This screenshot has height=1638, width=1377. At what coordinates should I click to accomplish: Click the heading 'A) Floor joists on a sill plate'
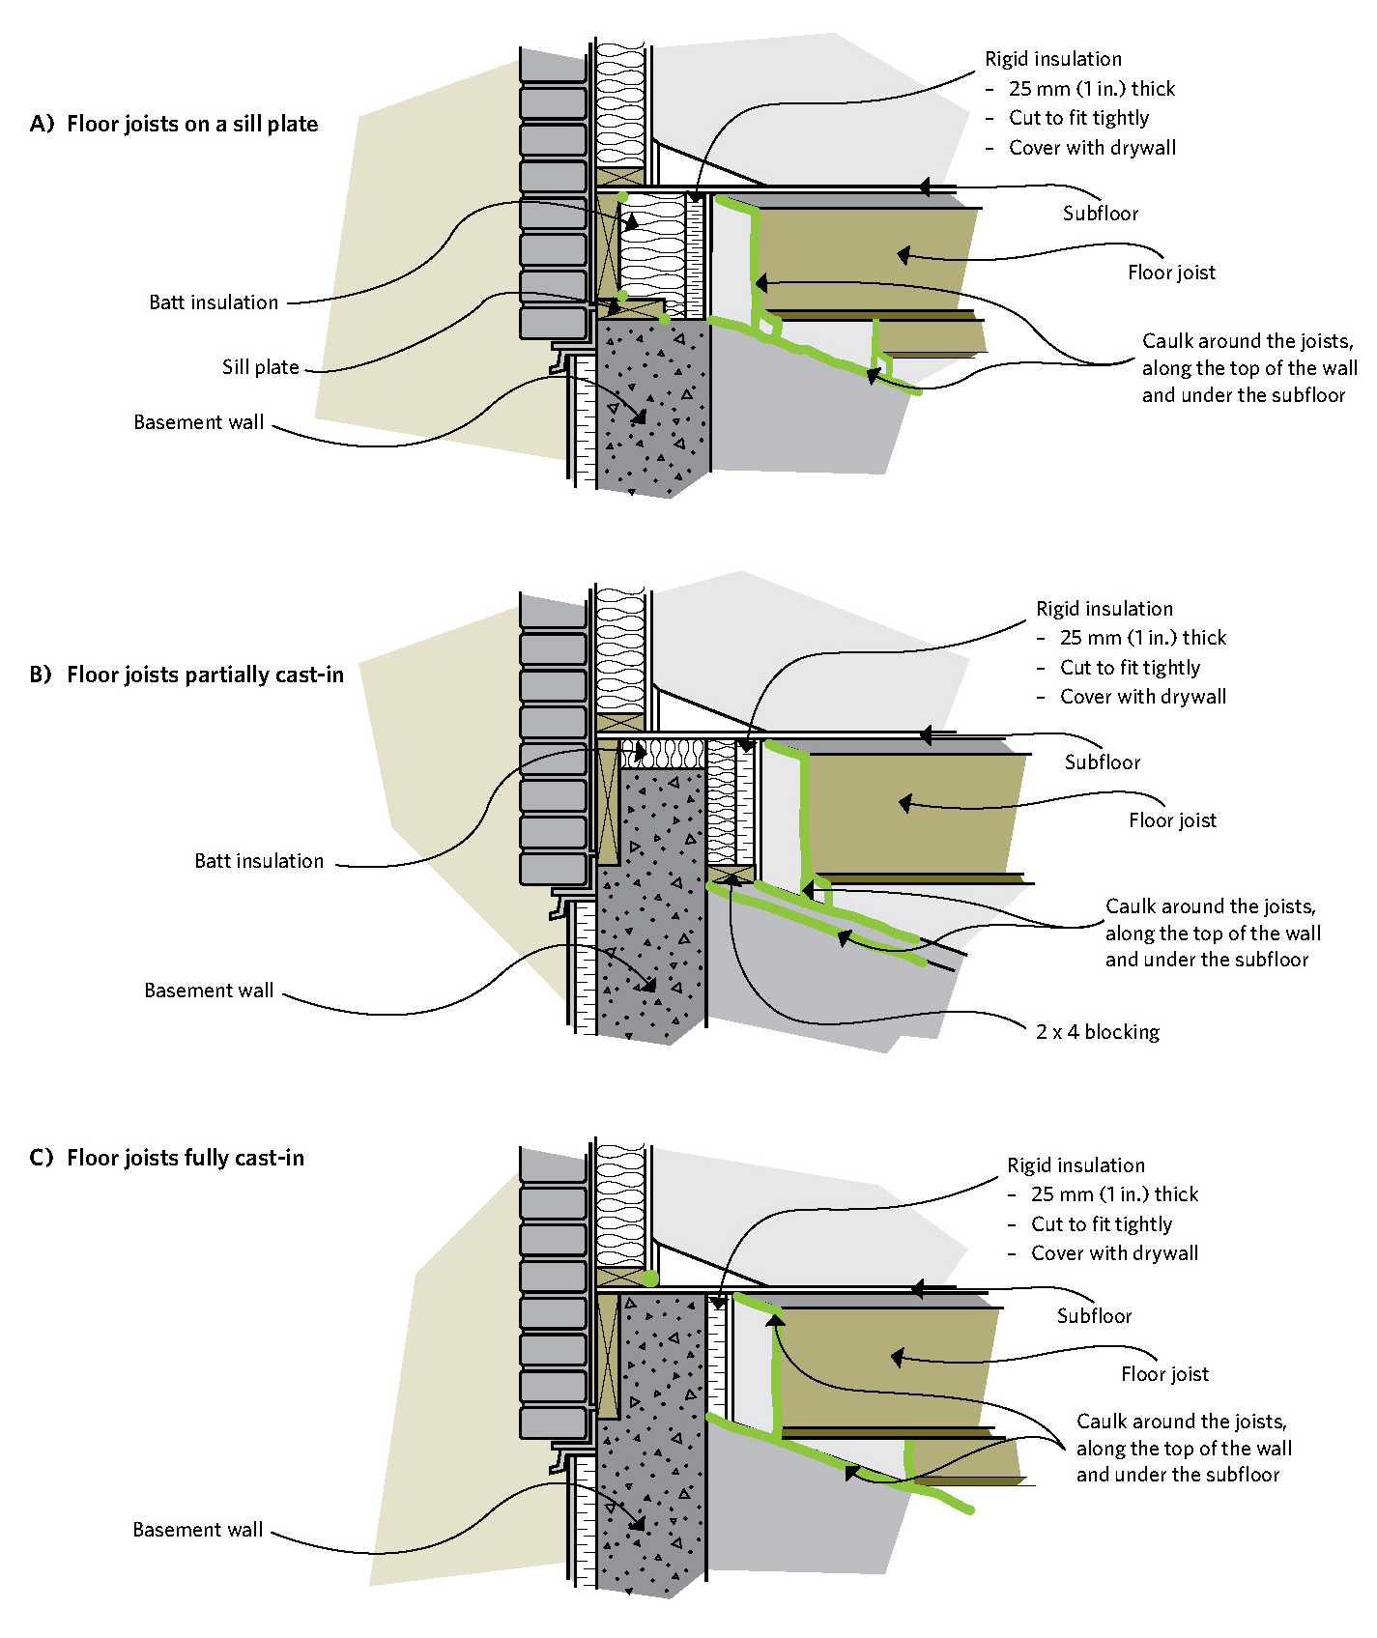(174, 124)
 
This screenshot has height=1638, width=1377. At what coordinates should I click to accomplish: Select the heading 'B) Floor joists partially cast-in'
(186, 675)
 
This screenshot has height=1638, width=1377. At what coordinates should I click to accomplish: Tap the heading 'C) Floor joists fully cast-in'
(166, 1158)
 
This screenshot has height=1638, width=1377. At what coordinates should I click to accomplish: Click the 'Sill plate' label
(261, 367)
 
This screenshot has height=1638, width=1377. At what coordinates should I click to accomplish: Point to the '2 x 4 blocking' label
(1098, 1032)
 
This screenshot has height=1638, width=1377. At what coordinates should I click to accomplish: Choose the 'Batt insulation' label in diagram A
(214, 302)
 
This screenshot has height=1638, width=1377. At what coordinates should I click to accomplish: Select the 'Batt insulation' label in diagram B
(259, 861)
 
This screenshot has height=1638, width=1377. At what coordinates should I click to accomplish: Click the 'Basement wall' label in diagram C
(198, 1530)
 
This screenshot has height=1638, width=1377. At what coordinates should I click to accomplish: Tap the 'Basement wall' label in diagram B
(209, 991)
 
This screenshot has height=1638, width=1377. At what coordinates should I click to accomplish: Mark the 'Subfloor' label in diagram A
(1101, 214)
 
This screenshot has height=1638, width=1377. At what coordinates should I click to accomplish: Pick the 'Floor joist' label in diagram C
(1164, 1374)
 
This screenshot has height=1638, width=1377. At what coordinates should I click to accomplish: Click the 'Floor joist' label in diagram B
(1172, 820)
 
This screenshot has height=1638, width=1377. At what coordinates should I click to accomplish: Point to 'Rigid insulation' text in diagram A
(1053, 59)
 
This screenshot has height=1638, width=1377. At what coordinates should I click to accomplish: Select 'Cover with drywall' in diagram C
(1114, 1253)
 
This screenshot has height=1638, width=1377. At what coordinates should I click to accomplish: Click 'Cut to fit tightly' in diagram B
(1130, 668)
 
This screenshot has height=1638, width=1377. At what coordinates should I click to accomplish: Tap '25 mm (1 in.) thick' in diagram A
(1092, 89)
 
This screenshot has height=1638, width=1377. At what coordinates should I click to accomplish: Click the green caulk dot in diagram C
(650, 1279)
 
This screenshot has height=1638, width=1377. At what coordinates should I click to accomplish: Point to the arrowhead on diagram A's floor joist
(904, 255)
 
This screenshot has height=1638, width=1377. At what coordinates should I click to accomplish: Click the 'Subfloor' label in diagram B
(1103, 762)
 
